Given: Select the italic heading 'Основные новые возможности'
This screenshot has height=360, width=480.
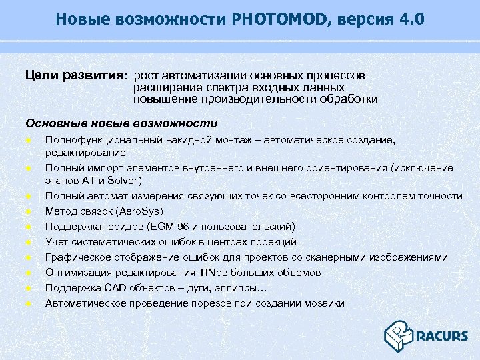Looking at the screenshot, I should point(121,123).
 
